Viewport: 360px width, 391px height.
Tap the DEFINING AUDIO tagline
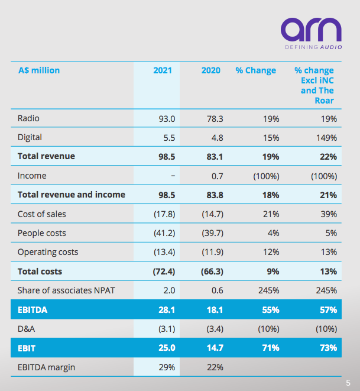[312, 47]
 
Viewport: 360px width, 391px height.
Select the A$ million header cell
[39, 70]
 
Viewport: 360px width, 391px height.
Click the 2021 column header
[163, 70]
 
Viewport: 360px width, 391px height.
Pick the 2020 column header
[210, 70]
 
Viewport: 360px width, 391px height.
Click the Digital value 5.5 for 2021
[168, 137]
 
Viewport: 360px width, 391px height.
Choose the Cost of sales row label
[43, 214]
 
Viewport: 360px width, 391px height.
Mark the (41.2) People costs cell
[164, 233]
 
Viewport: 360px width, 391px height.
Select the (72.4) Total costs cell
[163, 272]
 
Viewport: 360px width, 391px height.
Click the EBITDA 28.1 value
[166, 309]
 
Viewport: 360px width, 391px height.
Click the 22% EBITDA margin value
[214, 367]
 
